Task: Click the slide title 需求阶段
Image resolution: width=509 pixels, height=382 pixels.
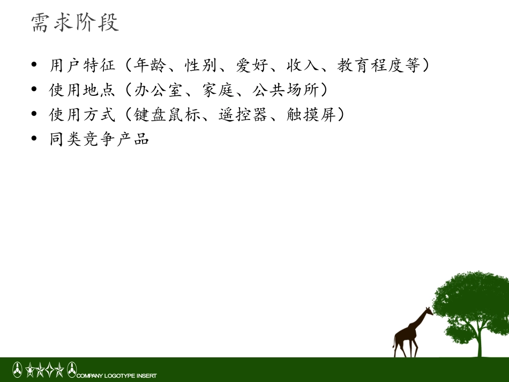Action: point(75,23)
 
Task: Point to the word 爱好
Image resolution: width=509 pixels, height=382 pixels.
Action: point(252,65)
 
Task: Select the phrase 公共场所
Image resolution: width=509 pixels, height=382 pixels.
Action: point(286,90)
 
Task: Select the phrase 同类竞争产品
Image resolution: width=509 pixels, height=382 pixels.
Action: point(100,139)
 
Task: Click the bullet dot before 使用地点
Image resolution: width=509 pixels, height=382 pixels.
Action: point(34,90)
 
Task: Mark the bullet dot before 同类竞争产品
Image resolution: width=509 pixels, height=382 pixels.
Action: point(34,139)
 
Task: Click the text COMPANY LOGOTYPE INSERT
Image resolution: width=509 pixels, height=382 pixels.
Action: point(117,376)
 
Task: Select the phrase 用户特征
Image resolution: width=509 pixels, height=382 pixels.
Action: point(83,65)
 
